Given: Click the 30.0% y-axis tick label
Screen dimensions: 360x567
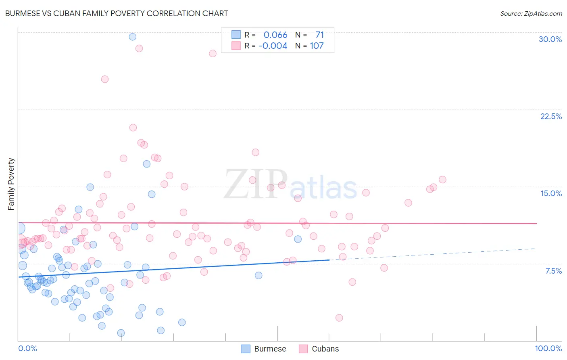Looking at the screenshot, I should click(550, 39).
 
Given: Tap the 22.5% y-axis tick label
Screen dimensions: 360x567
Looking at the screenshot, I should click(551, 116).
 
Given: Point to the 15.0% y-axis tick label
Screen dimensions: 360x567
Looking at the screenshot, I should click(551, 193).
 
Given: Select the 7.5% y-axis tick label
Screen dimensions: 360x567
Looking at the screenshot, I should click(553, 271).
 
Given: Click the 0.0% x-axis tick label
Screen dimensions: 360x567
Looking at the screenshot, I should click(27, 348).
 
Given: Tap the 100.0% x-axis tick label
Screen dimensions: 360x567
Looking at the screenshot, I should click(548, 348).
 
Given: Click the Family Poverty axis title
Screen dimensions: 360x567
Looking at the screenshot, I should click(11, 184).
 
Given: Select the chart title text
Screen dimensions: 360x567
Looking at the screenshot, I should click(117, 13).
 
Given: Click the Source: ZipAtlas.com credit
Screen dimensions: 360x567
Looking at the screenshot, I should click(531, 13).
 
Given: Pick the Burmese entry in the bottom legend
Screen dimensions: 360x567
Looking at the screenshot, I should click(270, 349).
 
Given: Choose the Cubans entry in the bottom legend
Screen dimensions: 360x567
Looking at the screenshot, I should click(325, 349).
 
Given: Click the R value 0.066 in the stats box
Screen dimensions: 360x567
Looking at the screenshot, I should click(275, 35).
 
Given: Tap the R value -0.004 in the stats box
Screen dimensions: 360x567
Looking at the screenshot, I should click(273, 46).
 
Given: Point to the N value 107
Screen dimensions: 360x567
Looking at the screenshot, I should click(317, 46).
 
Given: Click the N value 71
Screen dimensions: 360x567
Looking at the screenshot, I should click(319, 35).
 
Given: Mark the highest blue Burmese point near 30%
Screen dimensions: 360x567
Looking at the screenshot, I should click(133, 37).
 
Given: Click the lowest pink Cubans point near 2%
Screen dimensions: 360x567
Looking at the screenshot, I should click(339, 318).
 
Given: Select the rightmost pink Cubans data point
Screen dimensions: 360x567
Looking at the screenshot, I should click(442, 180).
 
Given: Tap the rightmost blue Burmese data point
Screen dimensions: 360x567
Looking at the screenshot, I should click(298, 239).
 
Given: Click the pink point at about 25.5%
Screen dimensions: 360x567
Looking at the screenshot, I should click(105, 79).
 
